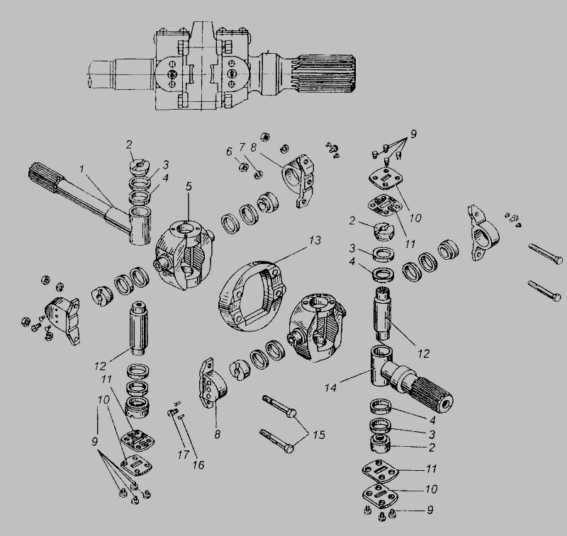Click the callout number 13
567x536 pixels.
click(315, 241)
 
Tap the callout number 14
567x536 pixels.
click(330, 387)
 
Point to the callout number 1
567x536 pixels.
click(82, 169)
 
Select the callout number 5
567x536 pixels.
click(189, 186)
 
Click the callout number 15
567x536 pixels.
click(318, 435)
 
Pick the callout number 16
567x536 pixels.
click(198, 465)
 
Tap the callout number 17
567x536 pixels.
click(184, 455)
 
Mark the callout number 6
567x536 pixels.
click(229, 152)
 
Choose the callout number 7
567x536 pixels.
click(242, 147)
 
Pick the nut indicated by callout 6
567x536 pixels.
click(243, 167)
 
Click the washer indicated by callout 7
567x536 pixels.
click(258, 175)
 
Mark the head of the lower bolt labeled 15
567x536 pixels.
click(289, 448)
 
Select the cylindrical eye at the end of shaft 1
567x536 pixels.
click(140, 226)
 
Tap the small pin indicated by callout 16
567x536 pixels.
click(182, 417)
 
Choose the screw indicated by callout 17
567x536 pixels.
click(173, 412)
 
